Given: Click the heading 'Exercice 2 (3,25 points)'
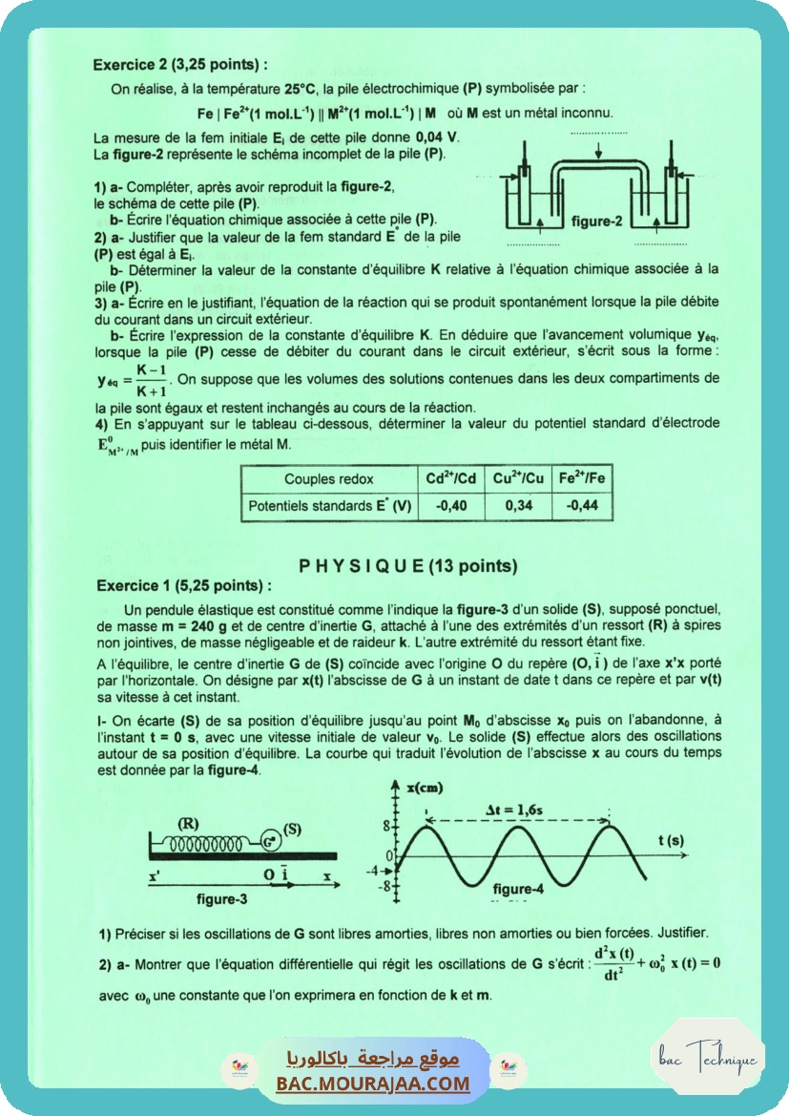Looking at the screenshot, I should [179, 65].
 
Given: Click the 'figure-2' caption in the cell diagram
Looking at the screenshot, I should [597, 221].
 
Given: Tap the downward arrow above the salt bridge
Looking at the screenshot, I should [598, 151].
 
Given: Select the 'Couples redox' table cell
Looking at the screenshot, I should [329, 479].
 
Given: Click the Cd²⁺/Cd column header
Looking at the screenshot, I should [451, 479].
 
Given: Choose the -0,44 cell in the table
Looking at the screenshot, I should [582, 506].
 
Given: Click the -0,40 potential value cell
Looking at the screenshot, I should [451, 506].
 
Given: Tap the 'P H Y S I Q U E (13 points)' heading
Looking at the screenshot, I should [407, 565].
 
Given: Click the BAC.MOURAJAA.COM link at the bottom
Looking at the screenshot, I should [373, 1084].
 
